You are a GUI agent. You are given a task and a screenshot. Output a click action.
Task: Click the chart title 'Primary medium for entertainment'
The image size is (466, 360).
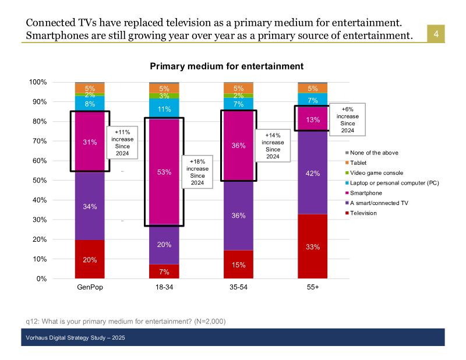coord(227,67)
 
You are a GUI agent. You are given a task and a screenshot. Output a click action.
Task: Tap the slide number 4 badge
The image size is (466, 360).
coord(435,35)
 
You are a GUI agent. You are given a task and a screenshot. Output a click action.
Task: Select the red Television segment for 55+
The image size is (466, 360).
coord(313,246)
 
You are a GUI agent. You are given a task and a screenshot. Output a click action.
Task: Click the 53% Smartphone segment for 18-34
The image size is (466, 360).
coord(164,172)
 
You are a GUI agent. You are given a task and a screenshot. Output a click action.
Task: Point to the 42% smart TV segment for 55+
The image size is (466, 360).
coord(313,173)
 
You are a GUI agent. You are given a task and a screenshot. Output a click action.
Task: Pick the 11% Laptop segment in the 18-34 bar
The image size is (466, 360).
coord(164,108)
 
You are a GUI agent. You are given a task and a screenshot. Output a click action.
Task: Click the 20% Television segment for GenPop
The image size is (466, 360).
coord(90,259)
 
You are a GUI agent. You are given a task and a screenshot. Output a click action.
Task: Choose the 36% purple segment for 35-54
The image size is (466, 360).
coord(238,216)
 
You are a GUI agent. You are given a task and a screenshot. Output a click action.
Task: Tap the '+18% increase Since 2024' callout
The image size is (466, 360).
coord(197,172)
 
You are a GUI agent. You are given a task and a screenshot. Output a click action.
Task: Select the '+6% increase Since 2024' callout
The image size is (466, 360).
coord(347,119)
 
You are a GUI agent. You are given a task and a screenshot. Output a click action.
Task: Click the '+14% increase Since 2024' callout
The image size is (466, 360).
coord(273,146)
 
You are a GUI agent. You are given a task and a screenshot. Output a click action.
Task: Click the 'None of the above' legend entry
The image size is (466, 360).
coord(373,153)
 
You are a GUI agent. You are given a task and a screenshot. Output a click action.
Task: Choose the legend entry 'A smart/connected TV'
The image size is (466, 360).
coord(378,203)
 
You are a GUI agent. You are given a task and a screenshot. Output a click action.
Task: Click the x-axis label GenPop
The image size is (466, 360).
coord(90,288)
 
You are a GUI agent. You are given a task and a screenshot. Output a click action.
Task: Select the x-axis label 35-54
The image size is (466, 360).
coord(238,288)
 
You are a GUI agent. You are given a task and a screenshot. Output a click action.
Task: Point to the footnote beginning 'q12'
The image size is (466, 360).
coord(125,321)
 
